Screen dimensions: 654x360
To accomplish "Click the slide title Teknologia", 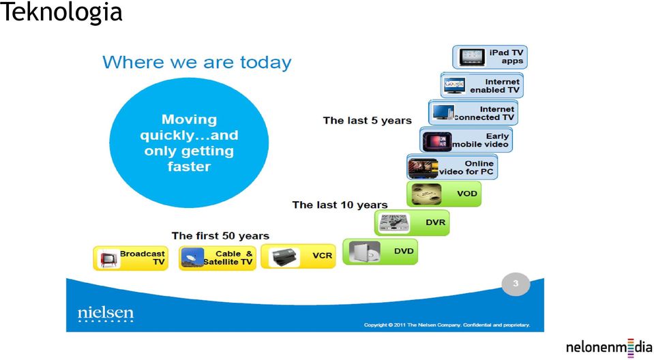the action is pyautogui.click(x=61, y=12).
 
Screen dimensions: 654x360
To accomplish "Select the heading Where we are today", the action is pyautogui.click(x=197, y=63).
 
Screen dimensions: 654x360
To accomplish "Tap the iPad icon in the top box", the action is pyautogui.click(x=472, y=57).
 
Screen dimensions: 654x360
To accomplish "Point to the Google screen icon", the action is pyautogui.click(x=455, y=85).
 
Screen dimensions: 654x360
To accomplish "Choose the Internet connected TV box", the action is pyautogui.click(x=473, y=112).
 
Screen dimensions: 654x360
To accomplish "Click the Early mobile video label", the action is pyautogui.click(x=481, y=140).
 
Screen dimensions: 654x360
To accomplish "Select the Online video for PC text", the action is pyautogui.click(x=466, y=167).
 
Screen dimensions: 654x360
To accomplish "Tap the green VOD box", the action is pyautogui.click(x=444, y=194).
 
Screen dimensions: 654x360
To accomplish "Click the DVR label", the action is pyautogui.click(x=436, y=222).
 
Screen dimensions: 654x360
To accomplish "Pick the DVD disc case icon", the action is pyautogui.click(x=365, y=252).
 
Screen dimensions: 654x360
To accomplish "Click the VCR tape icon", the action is pyautogui.click(x=284, y=257).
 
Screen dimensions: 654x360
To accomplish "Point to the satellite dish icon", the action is pyautogui.click(x=192, y=257).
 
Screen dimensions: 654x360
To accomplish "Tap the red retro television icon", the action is pyautogui.click(x=108, y=258).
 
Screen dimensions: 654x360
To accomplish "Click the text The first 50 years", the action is pyautogui.click(x=220, y=236).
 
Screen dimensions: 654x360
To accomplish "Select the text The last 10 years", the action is pyautogui.click(x=340, y=205).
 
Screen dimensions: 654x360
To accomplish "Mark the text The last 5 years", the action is pyautogui.click(x=367, y=121).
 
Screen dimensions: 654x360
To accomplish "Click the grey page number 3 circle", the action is pyautogui.click(x=516, y=284).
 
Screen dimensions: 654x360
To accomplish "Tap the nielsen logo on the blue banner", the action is pyautogui.click(x=106, y=314).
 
